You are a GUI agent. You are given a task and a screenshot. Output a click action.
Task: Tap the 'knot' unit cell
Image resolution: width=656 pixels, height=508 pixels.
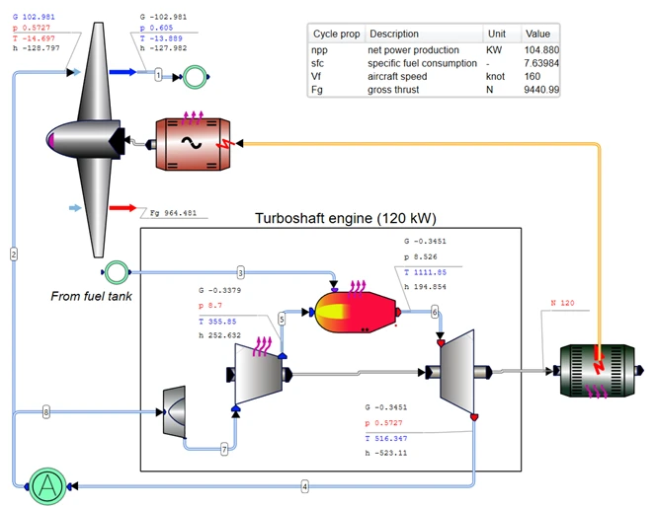click(x=497, y=76)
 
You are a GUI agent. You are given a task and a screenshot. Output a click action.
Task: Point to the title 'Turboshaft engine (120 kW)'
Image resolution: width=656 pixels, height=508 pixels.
click(x=345, y=218)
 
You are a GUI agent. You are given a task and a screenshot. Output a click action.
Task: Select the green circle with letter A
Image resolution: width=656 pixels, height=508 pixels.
click(x=45, y=486)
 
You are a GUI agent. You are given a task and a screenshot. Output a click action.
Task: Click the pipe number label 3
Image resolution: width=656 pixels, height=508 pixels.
click(x=240, y=271)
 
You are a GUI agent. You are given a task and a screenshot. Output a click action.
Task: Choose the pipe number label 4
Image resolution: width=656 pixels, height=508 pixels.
click(x=304, y=486)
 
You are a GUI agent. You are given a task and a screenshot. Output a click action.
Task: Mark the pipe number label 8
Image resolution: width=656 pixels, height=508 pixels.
click(x=45, y=411)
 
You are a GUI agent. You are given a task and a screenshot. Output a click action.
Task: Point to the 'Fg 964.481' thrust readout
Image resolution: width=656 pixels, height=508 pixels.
click(x=173, y=212)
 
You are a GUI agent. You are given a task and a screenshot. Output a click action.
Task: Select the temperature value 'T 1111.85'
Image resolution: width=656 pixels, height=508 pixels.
click(x=426, y=272)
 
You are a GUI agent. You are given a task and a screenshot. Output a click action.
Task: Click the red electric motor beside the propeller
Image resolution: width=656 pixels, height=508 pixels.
click(x=193, y=142)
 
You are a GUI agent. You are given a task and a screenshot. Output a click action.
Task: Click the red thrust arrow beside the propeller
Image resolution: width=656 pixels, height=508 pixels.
click(x=123, y=208)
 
